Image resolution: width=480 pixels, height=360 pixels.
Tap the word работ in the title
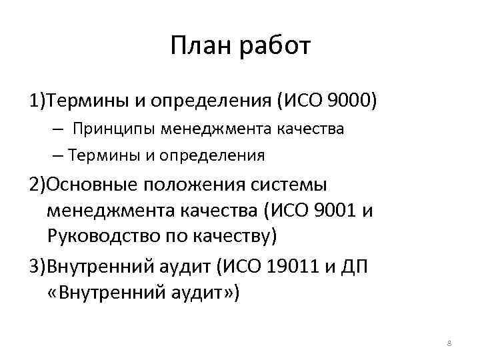[x=273, y=47]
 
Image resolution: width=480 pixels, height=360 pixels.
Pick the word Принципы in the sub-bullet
[x=111, y=128]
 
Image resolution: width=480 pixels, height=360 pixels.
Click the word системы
[x=289, y=184]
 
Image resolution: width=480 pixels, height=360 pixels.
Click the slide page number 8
[x=449, y=343]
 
